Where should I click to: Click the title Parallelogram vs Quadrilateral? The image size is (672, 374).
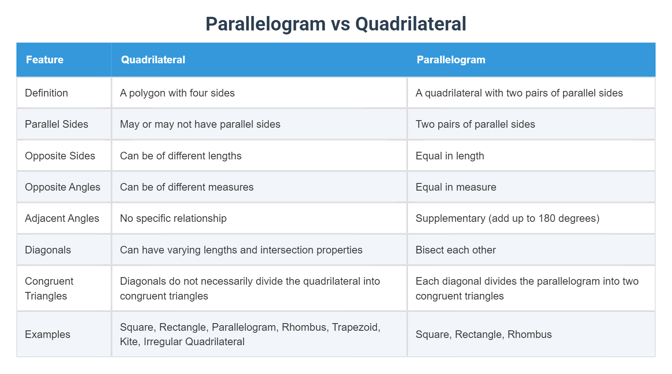[336, 24]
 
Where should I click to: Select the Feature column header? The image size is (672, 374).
[45, 60]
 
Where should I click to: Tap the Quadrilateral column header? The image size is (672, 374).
[153, 60]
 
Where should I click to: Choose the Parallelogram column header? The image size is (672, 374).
[451, 60]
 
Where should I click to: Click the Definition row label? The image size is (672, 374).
[46, 93]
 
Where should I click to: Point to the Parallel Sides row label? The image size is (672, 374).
[56, 124]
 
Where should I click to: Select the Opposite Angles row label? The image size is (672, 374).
[62, 187]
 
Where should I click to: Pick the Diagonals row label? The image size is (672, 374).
[48, 250]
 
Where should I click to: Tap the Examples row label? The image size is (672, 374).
[48, 334]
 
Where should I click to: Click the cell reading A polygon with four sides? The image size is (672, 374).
[177, 93]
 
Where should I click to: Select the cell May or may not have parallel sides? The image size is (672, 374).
[200, 124]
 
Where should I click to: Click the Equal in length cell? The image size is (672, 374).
[450, 156]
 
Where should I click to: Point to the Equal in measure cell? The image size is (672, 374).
[456, 187]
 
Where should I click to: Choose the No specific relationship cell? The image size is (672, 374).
[173, 218]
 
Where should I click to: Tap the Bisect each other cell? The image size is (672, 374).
[456, 250]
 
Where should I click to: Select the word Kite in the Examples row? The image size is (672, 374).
[128, 342]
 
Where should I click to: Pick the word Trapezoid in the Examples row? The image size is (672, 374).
[356, 327]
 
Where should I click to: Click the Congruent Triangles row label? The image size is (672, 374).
[49, 288]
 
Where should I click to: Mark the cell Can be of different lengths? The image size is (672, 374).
[180, 156]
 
